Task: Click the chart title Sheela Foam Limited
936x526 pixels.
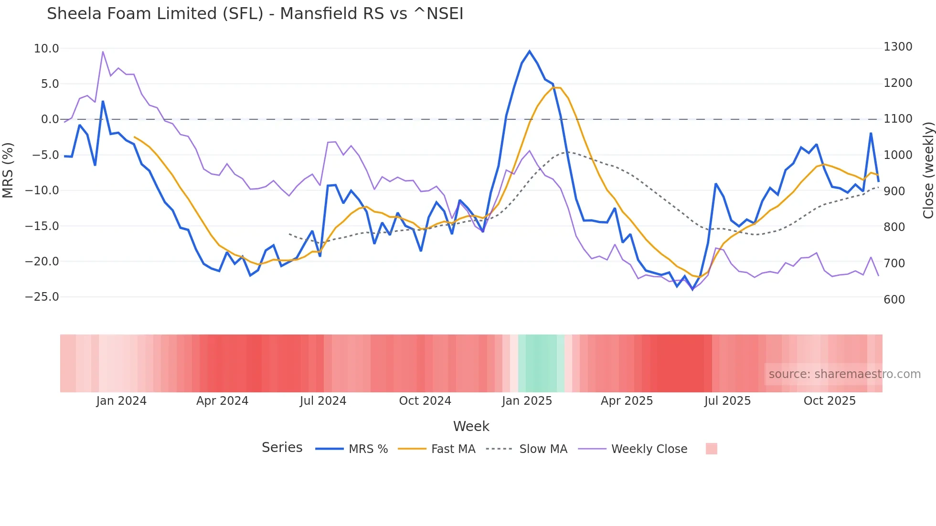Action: pyautogui.click(x=255, y=14)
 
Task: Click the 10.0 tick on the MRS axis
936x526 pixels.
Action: pyautogui.click(x=46, y=49)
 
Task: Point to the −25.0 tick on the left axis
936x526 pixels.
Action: pyautogui.click(x=42, y=297)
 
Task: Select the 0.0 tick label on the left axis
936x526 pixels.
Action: pyautogui.click(x=50, y=119)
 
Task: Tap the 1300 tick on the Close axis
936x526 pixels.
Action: pyautogui.click(x=898, y=47)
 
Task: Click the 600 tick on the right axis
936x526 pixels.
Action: pyautogui.click(x=894, y=299)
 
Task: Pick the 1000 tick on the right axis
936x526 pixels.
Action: pyautogui.click(x=898, y=155)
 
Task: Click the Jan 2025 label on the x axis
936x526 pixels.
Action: pyautogui.click(x=527, y=401)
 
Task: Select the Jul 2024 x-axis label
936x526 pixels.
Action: pyautogui.click(x=323, y=401)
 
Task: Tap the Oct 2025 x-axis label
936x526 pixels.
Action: pyautogui.click(x=830, y=401)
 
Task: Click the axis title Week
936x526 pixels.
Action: pyautogui.click(x=471, y=426)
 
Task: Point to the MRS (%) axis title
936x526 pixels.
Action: pyautogui.click(x=8, y=170)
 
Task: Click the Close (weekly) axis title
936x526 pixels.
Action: pyautogui.click(x=928, y=170)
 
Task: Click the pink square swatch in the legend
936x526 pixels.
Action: pyautogui.click(x=711, y=449)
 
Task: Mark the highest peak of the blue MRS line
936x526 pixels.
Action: pyautogui.click(x=530, y=52)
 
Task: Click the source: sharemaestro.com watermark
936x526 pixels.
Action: pyautogui.click(x=844, y=374)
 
